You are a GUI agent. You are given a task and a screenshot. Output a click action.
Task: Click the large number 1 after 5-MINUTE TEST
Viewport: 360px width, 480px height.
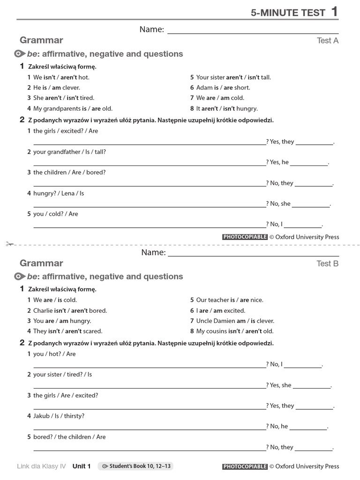point(334,11)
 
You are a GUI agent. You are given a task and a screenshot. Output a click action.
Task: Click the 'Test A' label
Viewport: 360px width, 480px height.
point(328,41)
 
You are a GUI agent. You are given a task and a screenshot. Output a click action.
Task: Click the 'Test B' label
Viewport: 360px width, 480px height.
point(328,263)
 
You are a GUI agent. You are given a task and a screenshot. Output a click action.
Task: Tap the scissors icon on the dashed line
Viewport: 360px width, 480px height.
point(10,244)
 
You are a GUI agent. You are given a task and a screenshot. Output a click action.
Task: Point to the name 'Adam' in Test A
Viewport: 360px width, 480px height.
point(204,88)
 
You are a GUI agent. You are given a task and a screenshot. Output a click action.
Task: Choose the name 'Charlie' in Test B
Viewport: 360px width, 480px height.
point(43,310)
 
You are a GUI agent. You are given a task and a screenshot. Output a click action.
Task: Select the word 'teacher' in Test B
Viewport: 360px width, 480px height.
point(218,300)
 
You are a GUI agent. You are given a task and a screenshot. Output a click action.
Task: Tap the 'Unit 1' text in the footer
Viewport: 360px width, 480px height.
point(82,466)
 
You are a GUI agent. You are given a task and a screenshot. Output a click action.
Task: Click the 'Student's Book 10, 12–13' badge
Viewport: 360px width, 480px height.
point(136,466)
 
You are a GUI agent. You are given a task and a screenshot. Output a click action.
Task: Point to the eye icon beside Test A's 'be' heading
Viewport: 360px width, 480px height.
point(20,54)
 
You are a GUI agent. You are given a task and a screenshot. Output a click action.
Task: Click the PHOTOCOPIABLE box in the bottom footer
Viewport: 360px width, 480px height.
point(245,466)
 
